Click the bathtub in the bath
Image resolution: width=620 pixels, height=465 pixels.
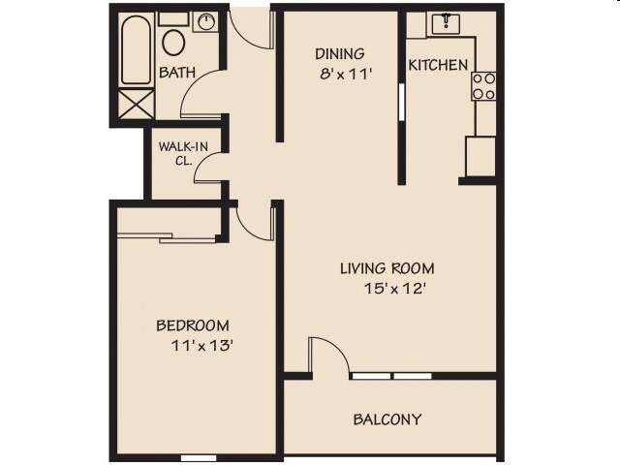pyautogui.click(x=136, y=49)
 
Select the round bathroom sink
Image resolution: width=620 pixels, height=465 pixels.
pyautogui.click(x=205, y=21)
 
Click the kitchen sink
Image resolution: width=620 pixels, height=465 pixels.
pyautogui.click(x=446, y=23)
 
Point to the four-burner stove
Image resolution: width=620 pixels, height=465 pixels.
pyautogui.click(x=483, y=86)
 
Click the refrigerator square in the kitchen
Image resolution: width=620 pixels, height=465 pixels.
pyautogui.click(x=480, y=157)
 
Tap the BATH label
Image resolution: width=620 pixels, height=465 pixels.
pyautogui.click(x=177, y=73)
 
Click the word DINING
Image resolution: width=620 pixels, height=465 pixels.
pyautogui.click(x=340, y=54)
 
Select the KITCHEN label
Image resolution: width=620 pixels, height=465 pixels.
pyautogui.click(x=438, y=65)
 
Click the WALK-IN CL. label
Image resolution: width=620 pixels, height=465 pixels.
pyautogui.click(x=183, y=153)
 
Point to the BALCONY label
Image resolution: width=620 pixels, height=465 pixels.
pyautogui.click(x=387, y=419)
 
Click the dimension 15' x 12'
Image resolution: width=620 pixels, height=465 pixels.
pyautogui.click(x=394, y=289)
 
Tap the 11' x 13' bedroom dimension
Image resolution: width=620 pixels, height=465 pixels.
pyautogui.click(x=201, y=346)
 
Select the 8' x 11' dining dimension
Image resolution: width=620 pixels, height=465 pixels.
pyautogui.click(x=347, y=74)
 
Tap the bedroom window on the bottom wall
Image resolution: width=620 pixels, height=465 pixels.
pyautogui.click(x=199, y=458)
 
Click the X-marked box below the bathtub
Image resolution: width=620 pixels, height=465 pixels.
pyautogui.click(x=136, y=104)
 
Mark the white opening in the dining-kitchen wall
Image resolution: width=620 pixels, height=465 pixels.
pyautogui.click(x=401, y=102)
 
